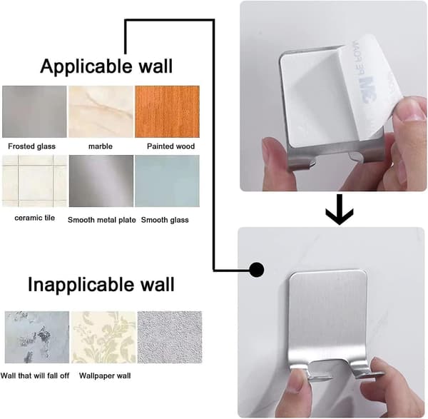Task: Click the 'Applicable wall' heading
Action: tap(106, 66)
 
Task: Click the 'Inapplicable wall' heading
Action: tap(101, 284)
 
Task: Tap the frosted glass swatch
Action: tap(34, 111)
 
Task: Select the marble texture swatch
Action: tap(101, 111)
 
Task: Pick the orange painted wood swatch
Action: tap(167, 111)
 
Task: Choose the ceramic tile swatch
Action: tap(34, 181)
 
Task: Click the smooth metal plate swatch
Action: tap(101, 181)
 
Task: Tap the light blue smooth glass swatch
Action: tap(167, 181)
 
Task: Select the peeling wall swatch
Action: tap(37, 337)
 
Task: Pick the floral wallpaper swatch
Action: tap(103, 337)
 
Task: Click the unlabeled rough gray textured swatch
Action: tap(170, 337)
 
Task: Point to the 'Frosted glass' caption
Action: tap(31, 146)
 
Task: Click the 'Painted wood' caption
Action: tap(171, 146)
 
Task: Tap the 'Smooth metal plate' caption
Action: tap(101, 220)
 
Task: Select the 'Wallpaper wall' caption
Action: tap(105, 376)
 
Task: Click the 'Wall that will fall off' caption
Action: tap(35, 376)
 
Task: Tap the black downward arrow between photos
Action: tap(340, 209)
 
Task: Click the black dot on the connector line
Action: tap(257, 270)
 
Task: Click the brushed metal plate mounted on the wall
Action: tap(328, 320)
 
